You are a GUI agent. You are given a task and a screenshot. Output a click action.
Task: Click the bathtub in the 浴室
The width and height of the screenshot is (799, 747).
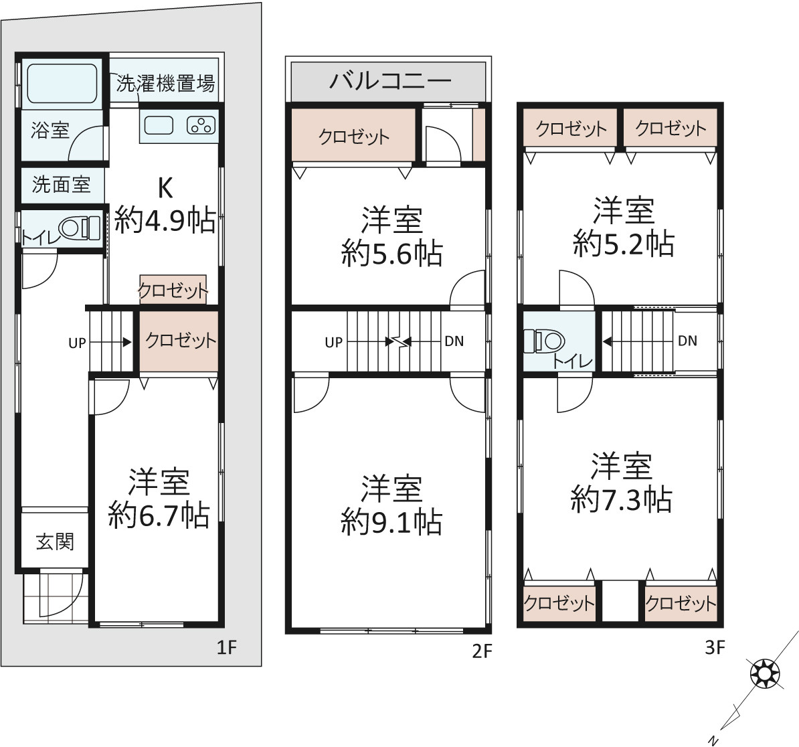(62, 83)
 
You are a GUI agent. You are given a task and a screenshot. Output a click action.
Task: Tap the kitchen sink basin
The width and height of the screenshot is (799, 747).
(159, 125)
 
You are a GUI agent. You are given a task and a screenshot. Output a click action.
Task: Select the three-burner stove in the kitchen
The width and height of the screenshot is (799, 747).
(201, 125)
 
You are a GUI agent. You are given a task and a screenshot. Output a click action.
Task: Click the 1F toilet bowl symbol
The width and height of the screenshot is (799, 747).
(79, 228)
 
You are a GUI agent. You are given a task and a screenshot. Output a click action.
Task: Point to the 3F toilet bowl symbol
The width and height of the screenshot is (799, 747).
(544, 341)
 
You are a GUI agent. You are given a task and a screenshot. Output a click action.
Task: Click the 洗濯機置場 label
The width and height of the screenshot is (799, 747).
(165, 83)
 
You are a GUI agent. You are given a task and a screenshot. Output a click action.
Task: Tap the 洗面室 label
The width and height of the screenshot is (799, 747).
(61, 184)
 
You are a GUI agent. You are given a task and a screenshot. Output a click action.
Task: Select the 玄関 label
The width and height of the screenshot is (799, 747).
(55, 541)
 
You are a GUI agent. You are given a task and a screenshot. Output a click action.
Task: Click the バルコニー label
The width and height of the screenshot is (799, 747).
(390, 80)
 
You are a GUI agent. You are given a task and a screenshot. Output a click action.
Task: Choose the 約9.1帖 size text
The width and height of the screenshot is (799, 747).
(391, 521)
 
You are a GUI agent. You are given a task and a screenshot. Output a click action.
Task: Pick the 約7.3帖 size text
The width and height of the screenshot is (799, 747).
(621, 499)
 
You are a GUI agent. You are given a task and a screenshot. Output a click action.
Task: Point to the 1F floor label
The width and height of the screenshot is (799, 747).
(227, 647)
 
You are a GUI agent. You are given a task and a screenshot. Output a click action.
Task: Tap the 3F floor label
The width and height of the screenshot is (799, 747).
(715, 647)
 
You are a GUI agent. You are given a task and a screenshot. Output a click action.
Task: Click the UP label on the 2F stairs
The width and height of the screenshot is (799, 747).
(334, 343)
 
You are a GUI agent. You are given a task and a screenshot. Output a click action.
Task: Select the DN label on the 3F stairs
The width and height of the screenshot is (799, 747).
(687, 341)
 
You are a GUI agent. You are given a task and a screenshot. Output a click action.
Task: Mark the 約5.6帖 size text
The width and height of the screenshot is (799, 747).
(392, 253)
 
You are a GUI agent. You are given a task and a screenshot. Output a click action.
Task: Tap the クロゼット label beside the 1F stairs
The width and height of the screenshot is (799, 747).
(181, 340)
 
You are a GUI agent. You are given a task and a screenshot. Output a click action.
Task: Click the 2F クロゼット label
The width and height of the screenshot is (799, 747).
(353, 136)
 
